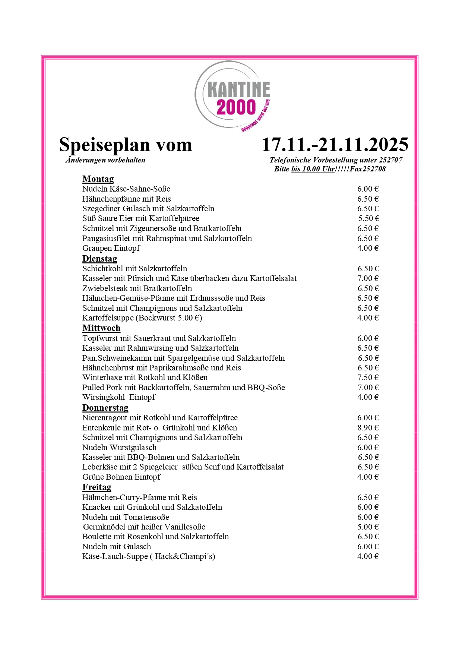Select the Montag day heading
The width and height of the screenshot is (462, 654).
click(98, 179)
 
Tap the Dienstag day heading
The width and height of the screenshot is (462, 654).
click(99, 259)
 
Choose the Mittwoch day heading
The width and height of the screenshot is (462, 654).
click(101, 328)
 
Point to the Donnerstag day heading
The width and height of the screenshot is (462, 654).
click(105, 408)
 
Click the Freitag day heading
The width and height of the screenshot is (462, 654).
click(96, 487)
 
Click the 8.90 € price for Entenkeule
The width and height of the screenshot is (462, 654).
click(368, 428)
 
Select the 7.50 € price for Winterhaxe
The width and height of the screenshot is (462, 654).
click(368, 377)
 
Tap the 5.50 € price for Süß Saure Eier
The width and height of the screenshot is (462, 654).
click(368, 218)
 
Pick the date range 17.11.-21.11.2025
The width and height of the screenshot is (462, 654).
click(335, 145)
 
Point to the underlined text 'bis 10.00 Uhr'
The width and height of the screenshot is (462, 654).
click(313, 169)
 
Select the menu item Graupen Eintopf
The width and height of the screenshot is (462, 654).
click(111, 248)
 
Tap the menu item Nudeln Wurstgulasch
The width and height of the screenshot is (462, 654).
click(119, 448)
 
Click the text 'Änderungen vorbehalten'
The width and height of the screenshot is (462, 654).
click(105, 160)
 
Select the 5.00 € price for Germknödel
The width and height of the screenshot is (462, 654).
click(368, 527)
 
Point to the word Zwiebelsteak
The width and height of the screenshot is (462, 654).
click(105, 288)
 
